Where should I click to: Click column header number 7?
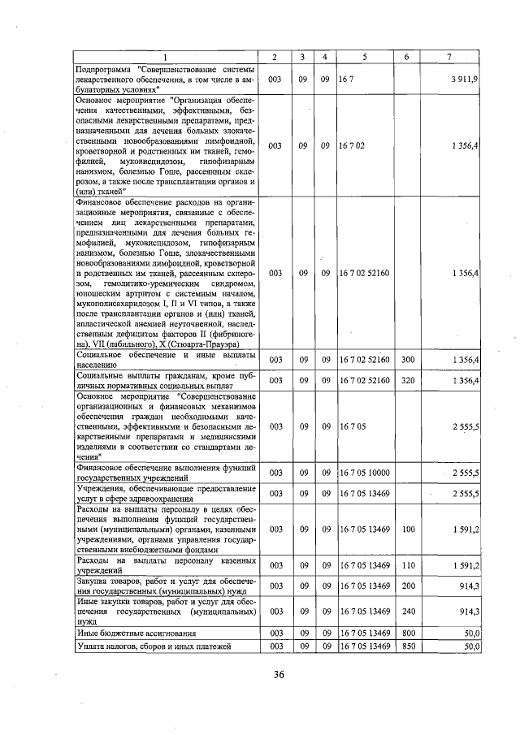pyautogui.click(x=449, y=56)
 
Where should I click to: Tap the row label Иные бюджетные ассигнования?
pyautogui.click(x=136, y=631)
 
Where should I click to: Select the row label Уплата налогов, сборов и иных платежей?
pyautogui.click(x=154, y=646)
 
